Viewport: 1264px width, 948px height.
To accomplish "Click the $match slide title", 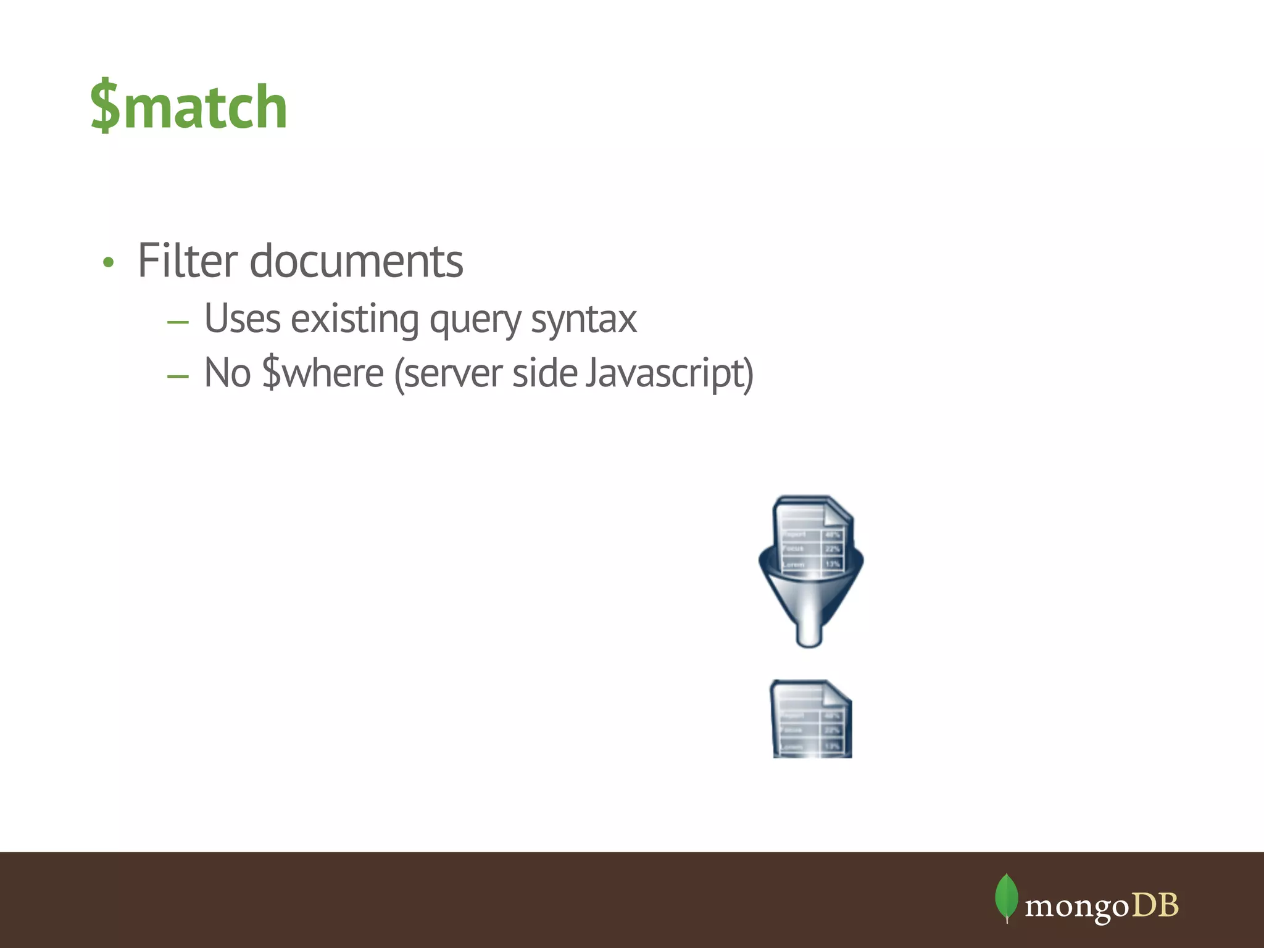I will [x=189, y=107].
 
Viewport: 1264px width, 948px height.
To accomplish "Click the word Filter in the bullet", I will [x=187, y=261].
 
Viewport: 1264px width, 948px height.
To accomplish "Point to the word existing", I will [x=355, y=319].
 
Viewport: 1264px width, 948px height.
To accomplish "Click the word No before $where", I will [x=227, y=373].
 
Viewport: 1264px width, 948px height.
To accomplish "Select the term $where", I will [x=323, y=373].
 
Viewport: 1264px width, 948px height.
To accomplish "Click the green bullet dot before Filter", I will [x=109, y=263].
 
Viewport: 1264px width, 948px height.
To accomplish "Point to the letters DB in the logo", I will [x=1155, y=906].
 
